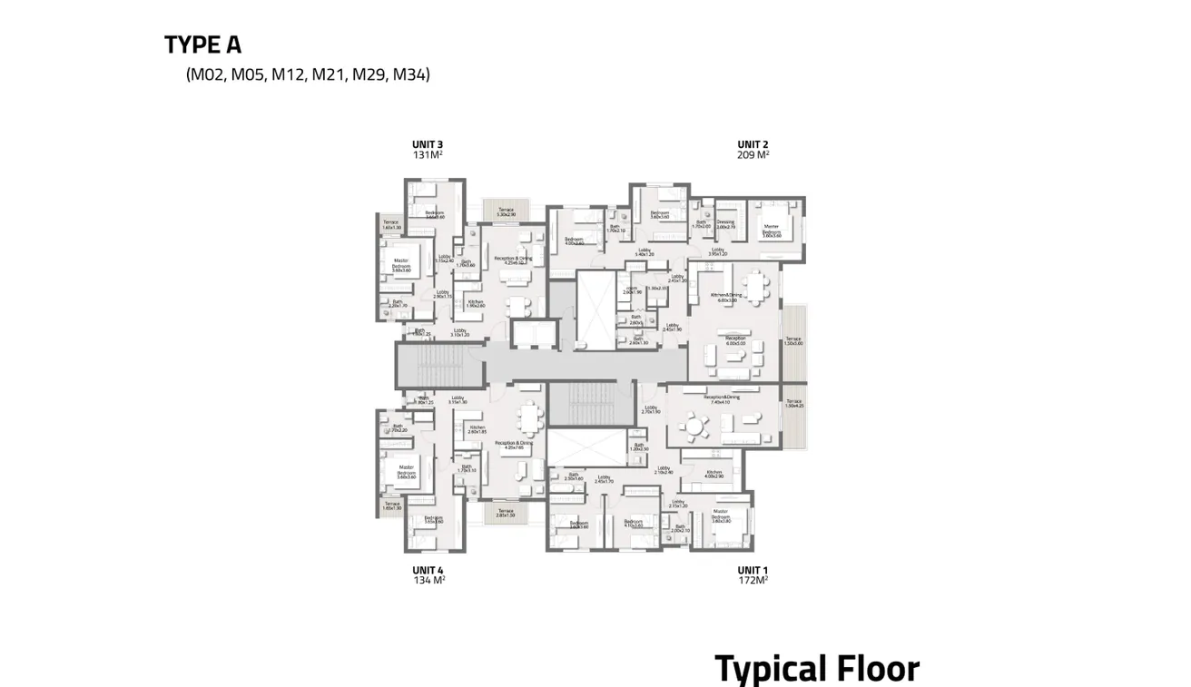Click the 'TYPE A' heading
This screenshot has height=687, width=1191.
pos(202,44)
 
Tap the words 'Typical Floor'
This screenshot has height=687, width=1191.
pos(817,669)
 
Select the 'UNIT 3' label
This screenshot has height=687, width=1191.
pos(428,144)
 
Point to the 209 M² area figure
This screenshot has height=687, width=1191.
pos(753,155)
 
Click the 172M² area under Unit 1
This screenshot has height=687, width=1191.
pos(753,580)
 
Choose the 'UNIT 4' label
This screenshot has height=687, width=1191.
pos(428,570)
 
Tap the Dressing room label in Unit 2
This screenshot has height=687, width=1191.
pos(725,224)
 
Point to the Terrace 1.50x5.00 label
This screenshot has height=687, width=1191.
pos(794,341)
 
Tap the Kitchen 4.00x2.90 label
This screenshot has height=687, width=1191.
pos(714,475)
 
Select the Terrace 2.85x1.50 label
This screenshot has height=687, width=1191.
pos(506,514)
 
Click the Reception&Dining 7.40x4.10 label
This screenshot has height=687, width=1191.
pos(723,398)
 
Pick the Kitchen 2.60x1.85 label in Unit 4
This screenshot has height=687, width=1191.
pos(477,429)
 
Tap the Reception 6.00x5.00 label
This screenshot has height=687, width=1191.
pos(735,340)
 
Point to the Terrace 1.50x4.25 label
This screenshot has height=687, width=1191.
pos(794,403)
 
